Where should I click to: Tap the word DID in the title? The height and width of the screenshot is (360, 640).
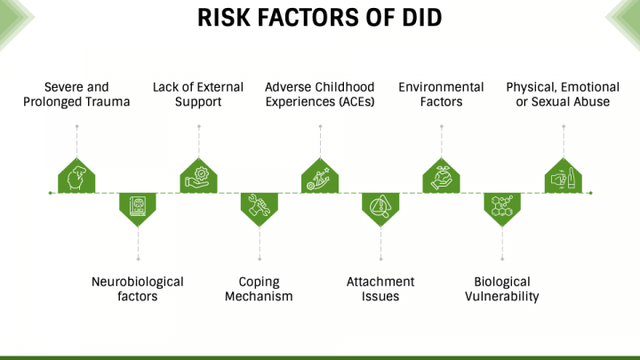pos(422,18)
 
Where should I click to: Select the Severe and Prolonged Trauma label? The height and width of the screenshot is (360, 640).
pos(76,94)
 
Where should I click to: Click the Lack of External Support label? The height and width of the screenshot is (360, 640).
pos(198,94)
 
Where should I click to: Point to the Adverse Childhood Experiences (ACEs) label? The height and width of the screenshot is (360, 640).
pos(320,94)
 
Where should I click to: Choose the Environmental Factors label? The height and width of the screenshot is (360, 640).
pos(441,94)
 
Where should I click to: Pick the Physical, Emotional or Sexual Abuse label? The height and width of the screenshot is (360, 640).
pos(563,94)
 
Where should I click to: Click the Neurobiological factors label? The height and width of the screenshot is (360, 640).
pos(138,289)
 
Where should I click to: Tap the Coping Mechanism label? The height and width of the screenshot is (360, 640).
pos(259,289)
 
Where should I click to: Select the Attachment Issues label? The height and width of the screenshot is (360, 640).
pos(380,289)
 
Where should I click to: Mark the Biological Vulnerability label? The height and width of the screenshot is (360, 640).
pos(502,289)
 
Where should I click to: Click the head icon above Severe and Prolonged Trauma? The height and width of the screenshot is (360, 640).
pos(76,178)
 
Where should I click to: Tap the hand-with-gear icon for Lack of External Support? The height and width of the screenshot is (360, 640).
pos(198,178)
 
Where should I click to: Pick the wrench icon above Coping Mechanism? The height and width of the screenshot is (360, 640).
pos(260,205)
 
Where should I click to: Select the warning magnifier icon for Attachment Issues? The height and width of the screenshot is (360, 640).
pos(380,205)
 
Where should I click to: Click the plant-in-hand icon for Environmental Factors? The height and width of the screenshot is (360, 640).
pos(441,178)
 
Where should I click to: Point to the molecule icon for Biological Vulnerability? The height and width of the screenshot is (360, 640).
pos(502,205)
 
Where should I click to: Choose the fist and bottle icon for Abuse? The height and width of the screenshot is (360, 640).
pos(564,179)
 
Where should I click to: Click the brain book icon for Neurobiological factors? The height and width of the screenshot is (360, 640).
pos(138,205)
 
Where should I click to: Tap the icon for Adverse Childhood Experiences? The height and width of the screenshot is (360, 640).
pos(319,179)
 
